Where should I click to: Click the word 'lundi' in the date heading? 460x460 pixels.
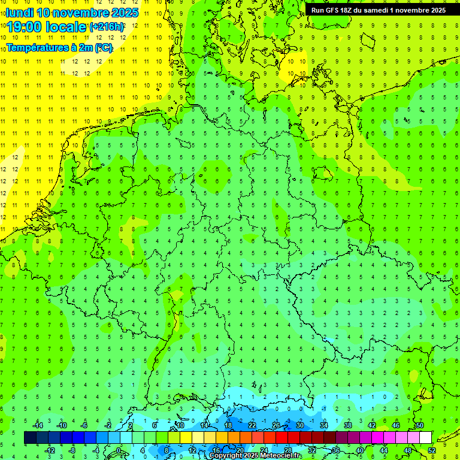pos(20,13)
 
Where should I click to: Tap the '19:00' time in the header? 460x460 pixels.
pos(26,26)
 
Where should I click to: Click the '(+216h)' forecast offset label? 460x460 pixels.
pos(107,26)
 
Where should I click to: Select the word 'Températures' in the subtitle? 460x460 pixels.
pos(37,47)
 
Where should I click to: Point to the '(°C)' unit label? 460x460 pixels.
pos(102,47)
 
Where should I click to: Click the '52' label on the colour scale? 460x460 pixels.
pos(432,450)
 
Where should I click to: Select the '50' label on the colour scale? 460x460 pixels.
pos(420,425)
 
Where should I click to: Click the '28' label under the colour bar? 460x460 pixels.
pos(288,450)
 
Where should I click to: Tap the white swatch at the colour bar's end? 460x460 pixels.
pos(425,437)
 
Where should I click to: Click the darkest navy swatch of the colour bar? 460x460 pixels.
pos(30,437)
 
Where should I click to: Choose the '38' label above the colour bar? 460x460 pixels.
pos(347,425)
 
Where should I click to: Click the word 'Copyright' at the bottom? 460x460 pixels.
pos(226,456)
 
